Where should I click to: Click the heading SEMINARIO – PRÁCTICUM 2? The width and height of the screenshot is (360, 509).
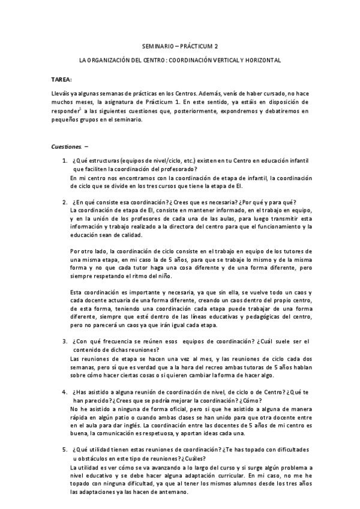coord(180,46)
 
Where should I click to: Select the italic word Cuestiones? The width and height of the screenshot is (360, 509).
coord(65,146)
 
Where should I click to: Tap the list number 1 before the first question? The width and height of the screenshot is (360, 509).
coord(65,161)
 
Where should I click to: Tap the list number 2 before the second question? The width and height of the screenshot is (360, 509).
coord(65,202)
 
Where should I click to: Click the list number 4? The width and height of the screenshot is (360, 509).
coord(65,391)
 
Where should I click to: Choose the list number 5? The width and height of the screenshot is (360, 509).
coord(65,450)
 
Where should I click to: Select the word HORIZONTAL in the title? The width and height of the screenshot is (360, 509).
coord(260,61)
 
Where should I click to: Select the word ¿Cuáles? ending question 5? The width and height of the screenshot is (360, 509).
coord(169,458)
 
